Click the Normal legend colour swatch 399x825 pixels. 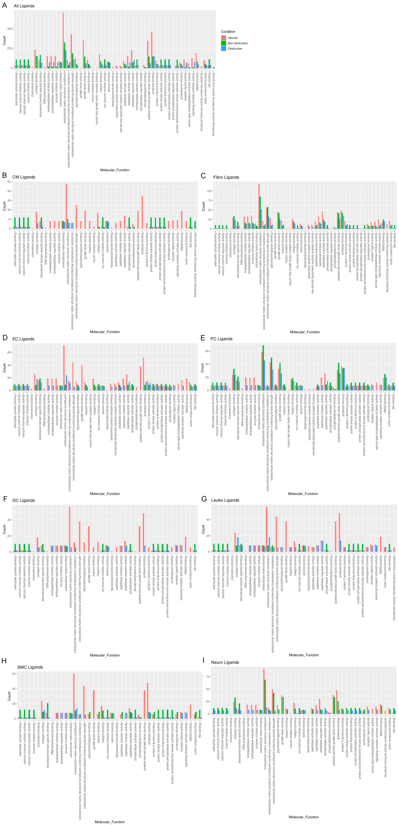click(x=224, y=38)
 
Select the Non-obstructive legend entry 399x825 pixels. click(x=237, y=43)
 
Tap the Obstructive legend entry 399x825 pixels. click(x=235, y=49)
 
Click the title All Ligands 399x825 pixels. click(x=24, y=6)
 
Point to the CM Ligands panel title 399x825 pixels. click(x=24, y=177)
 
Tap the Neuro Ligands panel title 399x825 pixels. click(x=225, y=662)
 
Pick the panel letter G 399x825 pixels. click(x=204, y=499)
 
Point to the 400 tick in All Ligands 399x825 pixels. click(x=9, y=29)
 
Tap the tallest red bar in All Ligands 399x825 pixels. click(x=63, y=40)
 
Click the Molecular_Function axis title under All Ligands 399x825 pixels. click(x=114, y=170)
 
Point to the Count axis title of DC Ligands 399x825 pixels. click(x=4, y=529)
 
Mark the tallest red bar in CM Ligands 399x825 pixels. click(x=66, y=206)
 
